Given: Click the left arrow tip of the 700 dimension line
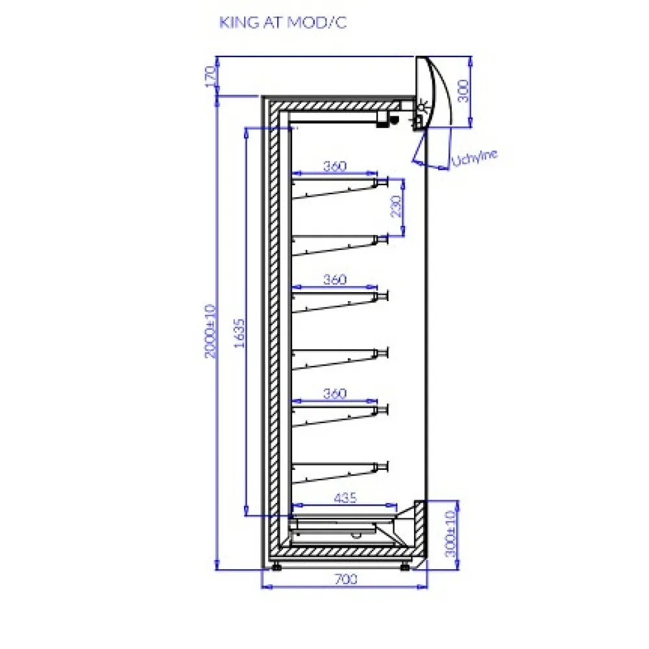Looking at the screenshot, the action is pyautogui.click(x=262, y=587).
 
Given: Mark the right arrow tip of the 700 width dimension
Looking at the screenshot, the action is pyautogui.click(x=427, y=587).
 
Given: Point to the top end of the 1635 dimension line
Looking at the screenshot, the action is pyautogui.click(x=246, y=128).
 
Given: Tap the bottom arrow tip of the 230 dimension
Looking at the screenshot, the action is pyautogui.click(x=403, y=236).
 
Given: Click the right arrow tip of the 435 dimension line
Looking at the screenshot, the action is pyautogui.click(x=397, y=505).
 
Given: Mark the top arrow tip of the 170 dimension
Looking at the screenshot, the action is pyautogui.click(x=217, y=56).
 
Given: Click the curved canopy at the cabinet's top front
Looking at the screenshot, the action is pyautogui.click(x=432, y=91).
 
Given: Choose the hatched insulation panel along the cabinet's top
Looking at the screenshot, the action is pyautogui.click(x=336, y=106).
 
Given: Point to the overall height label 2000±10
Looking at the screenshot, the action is pyautogui.click(x=211, y=331).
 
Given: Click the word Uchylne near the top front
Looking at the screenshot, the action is pyautogui.click(x=474, y=158).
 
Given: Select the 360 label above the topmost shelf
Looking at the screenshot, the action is pyautogui.click(x=334, y=166).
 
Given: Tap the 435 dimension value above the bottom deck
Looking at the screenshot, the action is pyautogui.click(x=345, y=498).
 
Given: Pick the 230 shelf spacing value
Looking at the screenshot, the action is pyautogui.click(x=396, y=206).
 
